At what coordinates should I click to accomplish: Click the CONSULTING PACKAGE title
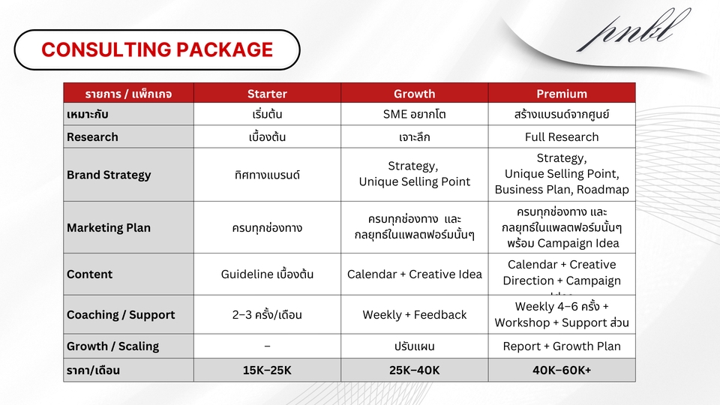157,49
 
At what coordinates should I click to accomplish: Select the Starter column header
267,94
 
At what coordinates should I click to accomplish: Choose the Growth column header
414,94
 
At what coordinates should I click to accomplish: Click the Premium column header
561,94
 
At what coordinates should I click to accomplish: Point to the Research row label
92,137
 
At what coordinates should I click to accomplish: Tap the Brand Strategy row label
109,175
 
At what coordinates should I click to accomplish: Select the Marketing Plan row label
109,227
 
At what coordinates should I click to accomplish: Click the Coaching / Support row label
121,315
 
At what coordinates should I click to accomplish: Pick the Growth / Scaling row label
112,346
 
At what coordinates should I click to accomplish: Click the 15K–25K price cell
267,370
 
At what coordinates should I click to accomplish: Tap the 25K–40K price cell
414,370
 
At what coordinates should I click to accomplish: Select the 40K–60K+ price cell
561,370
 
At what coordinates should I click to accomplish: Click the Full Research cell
561,137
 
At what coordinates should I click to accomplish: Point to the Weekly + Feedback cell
414,315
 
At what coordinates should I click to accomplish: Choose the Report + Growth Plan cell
561,346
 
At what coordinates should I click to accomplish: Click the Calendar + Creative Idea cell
414,274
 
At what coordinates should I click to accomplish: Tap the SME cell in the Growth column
414,115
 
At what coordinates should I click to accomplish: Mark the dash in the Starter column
267,346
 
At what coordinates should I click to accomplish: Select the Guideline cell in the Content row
267,274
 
